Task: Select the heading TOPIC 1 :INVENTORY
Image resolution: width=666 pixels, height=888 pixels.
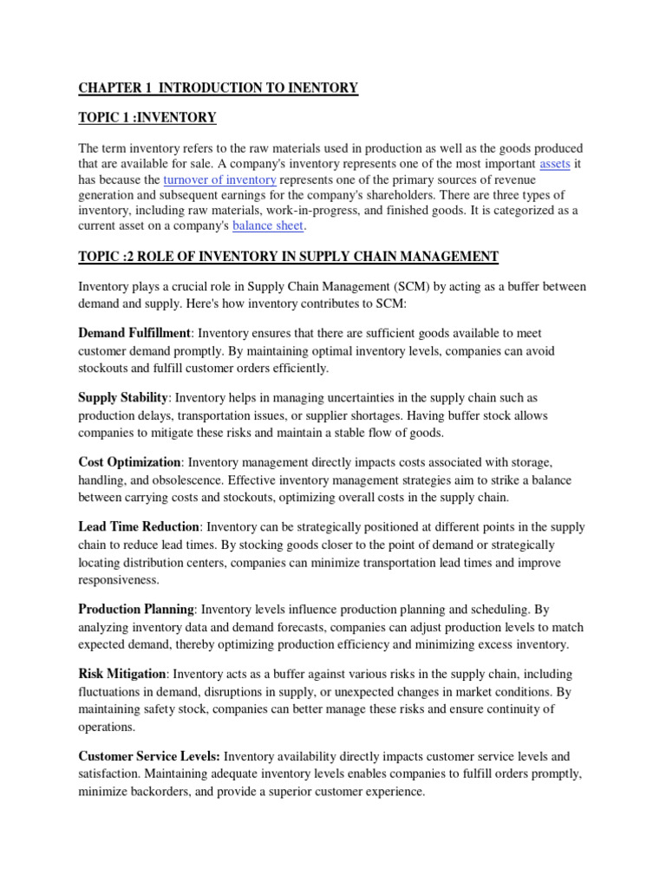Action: (147, 117)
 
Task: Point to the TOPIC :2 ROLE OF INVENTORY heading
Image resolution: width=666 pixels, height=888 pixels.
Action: (288, 257)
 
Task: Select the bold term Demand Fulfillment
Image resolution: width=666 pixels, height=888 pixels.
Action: (134, 333)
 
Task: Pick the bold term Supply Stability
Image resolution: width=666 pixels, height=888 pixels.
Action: (123, 397)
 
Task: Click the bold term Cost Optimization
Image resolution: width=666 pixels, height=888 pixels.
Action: (130, 463)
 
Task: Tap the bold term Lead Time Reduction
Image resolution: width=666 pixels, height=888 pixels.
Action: (139, 527)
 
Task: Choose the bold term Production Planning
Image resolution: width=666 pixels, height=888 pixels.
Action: (136, 610)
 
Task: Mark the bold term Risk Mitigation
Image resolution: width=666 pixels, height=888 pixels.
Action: (122, 674)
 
